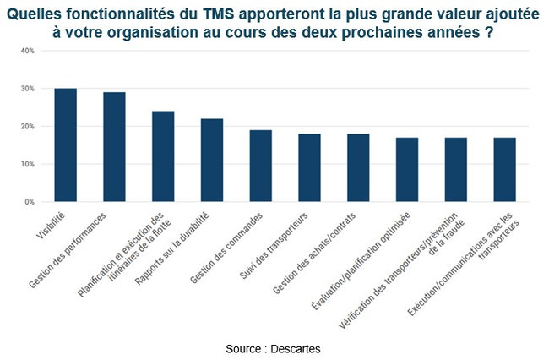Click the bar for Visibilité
65,145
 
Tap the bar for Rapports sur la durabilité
211,160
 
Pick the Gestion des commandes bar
260,166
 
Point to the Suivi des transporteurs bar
309,167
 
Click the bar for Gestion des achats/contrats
358,167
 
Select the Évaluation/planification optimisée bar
407,169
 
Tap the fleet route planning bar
163,156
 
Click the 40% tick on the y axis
27,51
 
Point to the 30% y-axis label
27,89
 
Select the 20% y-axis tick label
27,127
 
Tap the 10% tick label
27,164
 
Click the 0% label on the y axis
29,202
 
